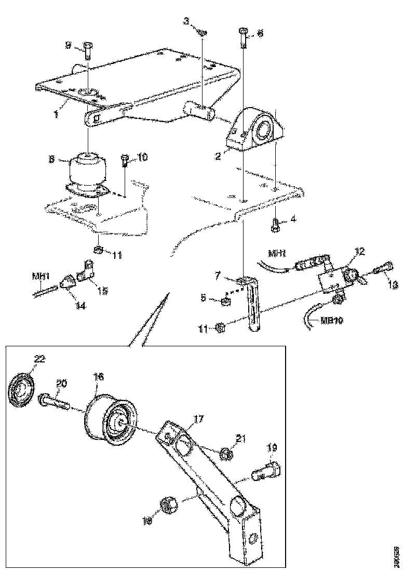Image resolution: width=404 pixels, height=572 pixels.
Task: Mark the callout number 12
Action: tap(359, 251)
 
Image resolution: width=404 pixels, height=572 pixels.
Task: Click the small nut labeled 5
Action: tap(227, 301)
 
